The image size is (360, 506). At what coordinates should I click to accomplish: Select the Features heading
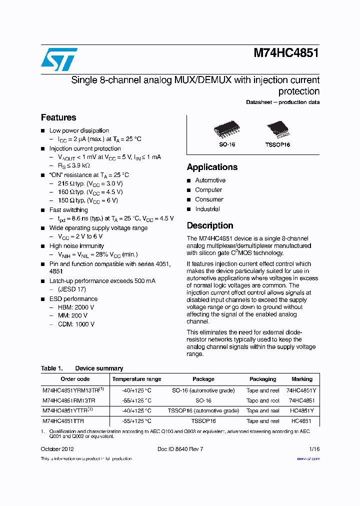58,117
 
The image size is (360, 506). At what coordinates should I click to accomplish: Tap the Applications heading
212,167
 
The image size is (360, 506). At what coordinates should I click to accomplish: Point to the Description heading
210,225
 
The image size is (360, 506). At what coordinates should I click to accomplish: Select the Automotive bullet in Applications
210,180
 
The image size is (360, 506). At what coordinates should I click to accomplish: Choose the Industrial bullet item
207,209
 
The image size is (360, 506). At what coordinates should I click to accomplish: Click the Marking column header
302,379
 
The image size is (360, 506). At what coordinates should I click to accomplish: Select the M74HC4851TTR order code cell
63,421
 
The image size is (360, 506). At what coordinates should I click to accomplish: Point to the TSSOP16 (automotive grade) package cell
203,410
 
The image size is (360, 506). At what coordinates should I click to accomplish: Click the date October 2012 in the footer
57,449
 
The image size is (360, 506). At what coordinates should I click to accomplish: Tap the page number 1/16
314,449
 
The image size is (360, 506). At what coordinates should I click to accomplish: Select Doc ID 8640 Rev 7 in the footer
180,449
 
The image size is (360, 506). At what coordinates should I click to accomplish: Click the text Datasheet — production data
282,102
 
